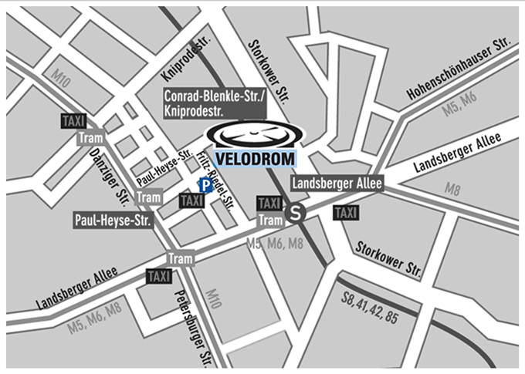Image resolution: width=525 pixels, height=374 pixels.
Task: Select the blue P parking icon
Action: pos(205,185)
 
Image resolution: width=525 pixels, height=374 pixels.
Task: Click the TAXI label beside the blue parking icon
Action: pos(191,200)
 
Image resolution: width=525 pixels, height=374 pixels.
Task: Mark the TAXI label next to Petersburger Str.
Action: pos(158,276)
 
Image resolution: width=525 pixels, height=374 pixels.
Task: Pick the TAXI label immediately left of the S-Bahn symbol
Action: pos(269,203)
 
